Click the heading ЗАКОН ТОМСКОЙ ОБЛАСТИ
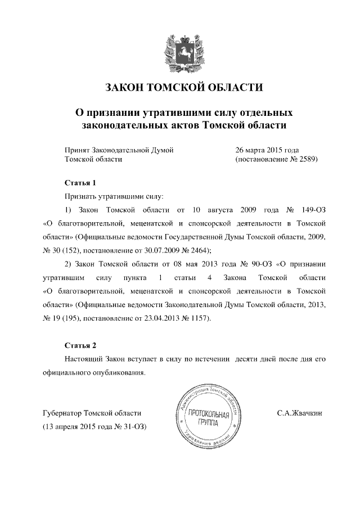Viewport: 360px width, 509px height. click(184, 87)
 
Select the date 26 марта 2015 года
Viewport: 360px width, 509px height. click(267, 150)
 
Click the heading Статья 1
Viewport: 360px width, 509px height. click(81, 183)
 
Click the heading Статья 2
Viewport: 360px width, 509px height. click(81, 345)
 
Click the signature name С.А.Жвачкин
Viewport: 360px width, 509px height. click(299, 413)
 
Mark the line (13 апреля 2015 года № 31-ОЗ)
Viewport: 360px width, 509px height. click(94, 426)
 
